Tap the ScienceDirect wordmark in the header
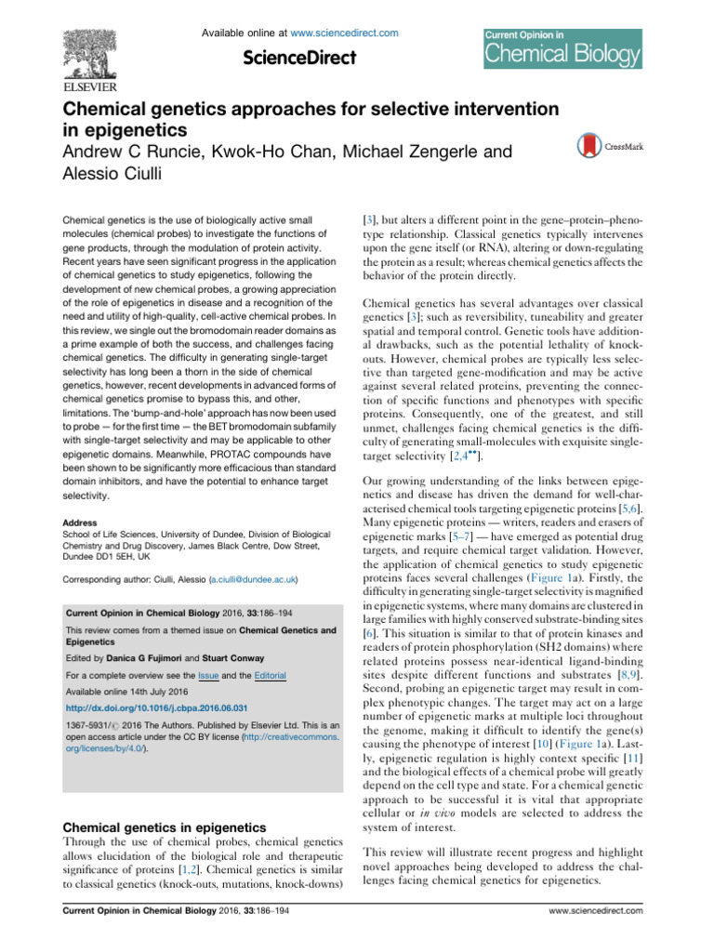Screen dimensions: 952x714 (x=298, y=58)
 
